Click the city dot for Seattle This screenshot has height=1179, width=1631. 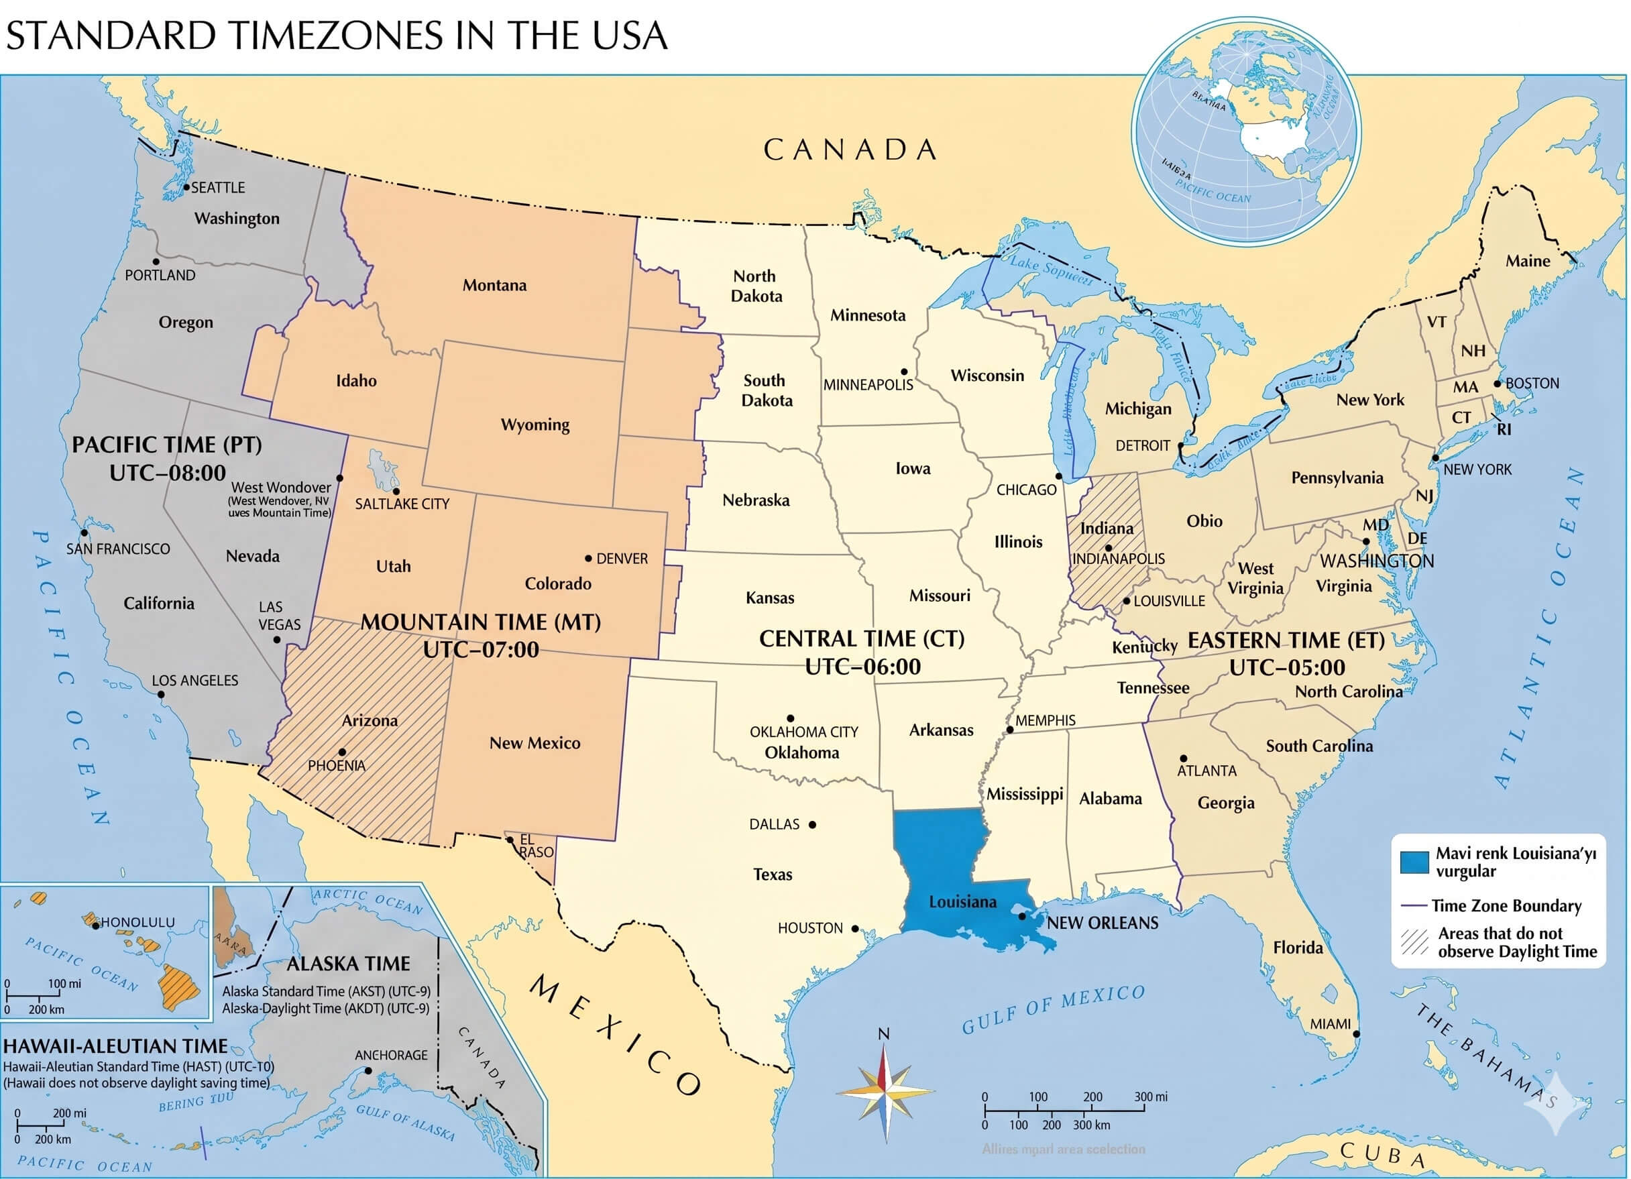[186, 188]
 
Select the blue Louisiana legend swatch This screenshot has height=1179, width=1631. [1414, 862]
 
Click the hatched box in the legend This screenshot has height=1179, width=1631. [1414, 942]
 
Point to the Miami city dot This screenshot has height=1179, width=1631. [1356, 1033]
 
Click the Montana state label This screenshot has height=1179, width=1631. [494, 285]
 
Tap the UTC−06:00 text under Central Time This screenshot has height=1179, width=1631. [862, 667]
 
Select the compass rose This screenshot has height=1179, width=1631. [885, 1092]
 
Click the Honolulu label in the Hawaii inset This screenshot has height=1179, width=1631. [137, 922]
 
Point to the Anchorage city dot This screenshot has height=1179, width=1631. [368, 1070]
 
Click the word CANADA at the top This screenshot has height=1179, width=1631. [850, 150]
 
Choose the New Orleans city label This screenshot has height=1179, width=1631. [1102, 923]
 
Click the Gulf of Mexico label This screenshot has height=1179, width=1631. [1053, 1009]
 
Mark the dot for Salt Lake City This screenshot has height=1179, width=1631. [396, 492]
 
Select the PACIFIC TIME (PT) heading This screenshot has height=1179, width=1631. [167, 445]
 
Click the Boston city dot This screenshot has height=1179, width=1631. [1498, 384]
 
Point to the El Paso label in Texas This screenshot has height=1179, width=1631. [535, 846]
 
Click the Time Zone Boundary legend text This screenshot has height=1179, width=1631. [1506, 905]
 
